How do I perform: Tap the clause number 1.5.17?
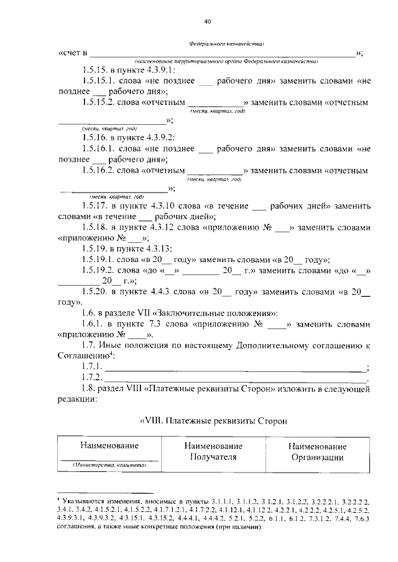[x=95, y=204]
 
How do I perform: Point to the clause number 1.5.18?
[x=95, y=227]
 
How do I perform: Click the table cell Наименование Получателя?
[x=213, y=453]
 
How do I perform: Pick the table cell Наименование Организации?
[x=318, y=453]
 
